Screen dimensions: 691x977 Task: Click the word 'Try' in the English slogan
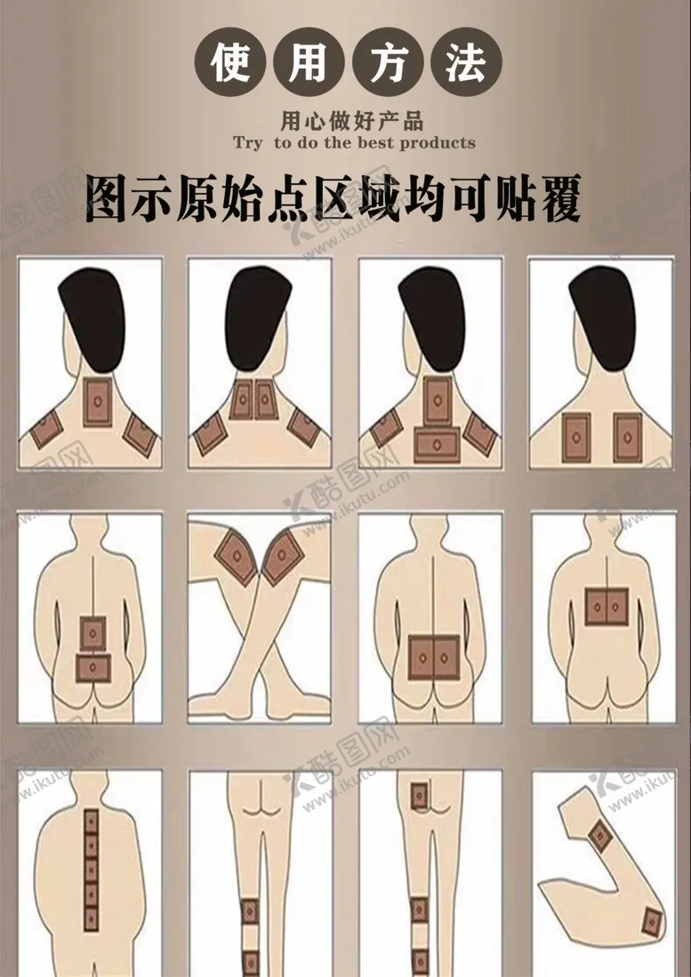(x=248, y=143)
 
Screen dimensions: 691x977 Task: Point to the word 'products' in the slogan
(x=438, y=143)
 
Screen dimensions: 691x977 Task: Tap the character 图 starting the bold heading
(x=107, y=199)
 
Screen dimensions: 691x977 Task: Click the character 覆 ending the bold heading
(x=558, y=199)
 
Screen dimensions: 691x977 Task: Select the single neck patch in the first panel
(x=98, y=402)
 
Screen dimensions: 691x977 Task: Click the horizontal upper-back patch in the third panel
(x=437, y=444)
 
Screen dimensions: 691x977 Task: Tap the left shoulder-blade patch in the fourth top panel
(x=576, y=436)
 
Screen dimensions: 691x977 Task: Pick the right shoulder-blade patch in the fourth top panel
(x=627, y=436)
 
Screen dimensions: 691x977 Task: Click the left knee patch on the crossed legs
(x=237, y=557)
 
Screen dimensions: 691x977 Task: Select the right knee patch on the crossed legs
(x=282, y=557)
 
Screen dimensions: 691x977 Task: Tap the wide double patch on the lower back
(x=434, y=657)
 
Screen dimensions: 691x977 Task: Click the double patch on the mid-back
(x=607, y=606)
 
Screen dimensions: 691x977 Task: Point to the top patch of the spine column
(x=92, y=821)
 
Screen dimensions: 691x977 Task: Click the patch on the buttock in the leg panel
(x=419, y=796)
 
